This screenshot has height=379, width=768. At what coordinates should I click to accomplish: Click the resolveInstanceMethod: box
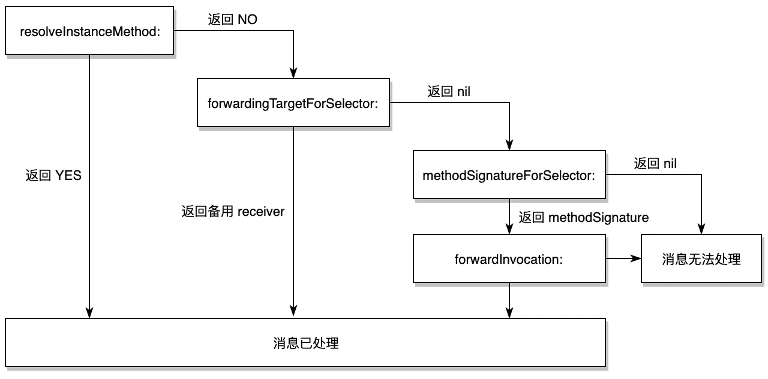point(89,31)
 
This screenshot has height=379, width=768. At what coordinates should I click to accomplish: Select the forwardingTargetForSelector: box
point(293,103)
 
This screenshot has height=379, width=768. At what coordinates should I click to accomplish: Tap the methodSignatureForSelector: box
point(509,175)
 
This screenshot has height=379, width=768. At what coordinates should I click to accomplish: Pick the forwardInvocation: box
point(509,258)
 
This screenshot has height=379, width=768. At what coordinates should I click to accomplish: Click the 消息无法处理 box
point(701,258)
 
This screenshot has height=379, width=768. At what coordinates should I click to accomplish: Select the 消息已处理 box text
point(305,343)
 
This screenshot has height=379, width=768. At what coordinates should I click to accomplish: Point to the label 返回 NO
point(233,20)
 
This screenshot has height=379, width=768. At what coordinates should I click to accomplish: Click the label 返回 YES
point(53,176)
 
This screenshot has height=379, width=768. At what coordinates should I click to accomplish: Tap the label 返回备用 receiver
point(233,212)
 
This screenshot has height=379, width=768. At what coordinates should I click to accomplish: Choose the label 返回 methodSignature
point(583,217)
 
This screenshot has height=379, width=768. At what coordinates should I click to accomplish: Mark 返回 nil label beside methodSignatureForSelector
point(655,163)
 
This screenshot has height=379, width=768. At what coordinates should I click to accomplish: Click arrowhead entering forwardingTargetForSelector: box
point(293,73)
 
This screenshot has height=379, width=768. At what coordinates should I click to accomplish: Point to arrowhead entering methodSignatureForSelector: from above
point(509,145)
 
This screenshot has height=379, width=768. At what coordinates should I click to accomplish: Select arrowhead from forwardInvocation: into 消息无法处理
point(636,258)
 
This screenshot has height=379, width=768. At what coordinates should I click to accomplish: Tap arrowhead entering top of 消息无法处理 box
point(701,229)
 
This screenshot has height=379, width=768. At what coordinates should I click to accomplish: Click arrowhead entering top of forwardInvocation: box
point(509,229)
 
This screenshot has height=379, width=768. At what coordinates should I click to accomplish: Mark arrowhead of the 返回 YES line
point(89,312)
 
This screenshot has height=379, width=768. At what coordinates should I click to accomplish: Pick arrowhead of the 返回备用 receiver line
point(293,312)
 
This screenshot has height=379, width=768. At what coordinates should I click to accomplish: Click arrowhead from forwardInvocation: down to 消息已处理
point(509,312)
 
